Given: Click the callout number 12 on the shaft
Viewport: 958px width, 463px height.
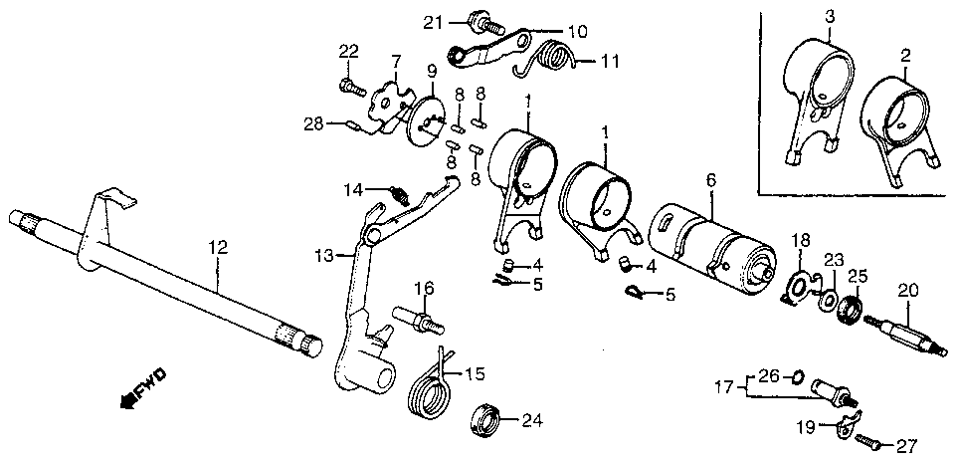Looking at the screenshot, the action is pyautogui.click(x=218, y=248).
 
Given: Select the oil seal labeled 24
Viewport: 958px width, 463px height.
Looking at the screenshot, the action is pyautogui.click(x=485, y=421).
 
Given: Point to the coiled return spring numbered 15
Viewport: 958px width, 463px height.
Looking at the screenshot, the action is pyautogui.click(x=430, y=385).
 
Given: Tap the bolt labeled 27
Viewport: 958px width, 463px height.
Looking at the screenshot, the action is pyautogui.click(x=868, y=441).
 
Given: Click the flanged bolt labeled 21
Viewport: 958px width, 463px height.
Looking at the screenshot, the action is pyautogui.click(x=485, y=23).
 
